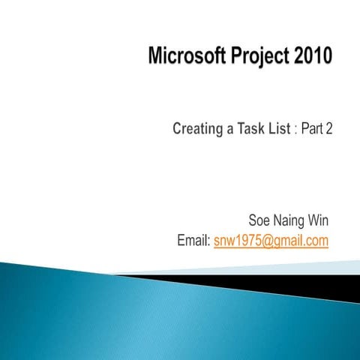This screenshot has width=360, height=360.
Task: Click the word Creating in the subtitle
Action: click(198, 129)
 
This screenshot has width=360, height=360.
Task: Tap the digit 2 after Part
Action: click(329, 128)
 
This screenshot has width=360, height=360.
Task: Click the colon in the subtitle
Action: click(296, 129)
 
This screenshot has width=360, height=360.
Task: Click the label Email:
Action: click(192, 241)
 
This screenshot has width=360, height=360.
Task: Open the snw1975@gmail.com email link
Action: click(271, 241)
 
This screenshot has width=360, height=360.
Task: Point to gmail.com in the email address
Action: click(301, 241)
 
